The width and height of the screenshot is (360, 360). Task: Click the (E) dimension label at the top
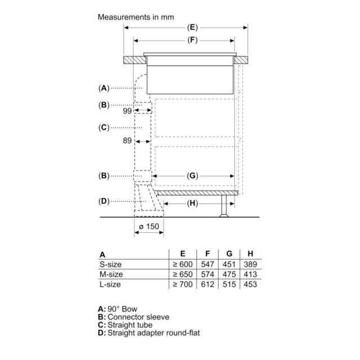192,28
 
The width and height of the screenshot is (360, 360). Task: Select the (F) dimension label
192,40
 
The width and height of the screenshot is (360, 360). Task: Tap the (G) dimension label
192,176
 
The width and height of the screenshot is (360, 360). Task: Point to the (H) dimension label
192,204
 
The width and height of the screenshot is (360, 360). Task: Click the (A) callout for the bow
103,88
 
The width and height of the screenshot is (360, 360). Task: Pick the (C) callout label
103,128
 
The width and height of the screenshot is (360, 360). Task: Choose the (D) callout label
103,201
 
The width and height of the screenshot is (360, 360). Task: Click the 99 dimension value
128,111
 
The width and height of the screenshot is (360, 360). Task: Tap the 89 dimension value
127,141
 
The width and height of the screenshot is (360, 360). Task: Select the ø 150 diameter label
149,227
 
